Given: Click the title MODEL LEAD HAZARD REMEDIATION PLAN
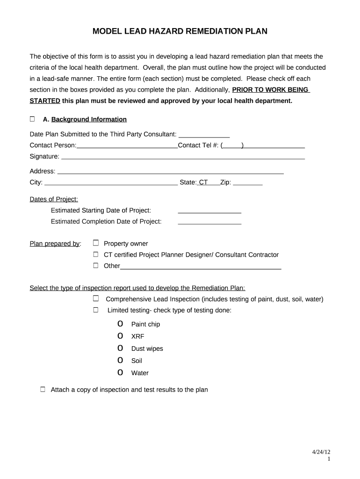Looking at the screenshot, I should tap(180, 31).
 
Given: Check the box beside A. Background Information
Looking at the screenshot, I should tap(32, 119).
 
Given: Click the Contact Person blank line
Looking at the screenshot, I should tap(127, 145).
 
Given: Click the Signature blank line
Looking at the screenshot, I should tap(183, 157).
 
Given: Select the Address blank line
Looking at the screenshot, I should tap(170, 172).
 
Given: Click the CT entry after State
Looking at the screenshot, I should tap(203, 182).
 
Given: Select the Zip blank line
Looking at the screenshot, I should tap(247, 183).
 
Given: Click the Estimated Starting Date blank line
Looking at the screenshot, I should tap(209, 211).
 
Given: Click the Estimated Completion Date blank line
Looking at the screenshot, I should tap(209, 222).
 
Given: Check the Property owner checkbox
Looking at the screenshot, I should tap(96, 243).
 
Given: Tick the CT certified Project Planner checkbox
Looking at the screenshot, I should tap(96, 254).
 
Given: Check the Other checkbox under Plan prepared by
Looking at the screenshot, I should tap(96, 266).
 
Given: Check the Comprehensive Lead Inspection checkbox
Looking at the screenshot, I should tap(96, 298).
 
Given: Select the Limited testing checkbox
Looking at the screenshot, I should tap(96, 310).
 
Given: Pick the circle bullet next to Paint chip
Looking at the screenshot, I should tap(121, 324).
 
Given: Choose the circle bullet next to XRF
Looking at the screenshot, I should tap(121, 336).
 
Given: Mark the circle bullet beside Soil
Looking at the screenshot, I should tap(121, 360).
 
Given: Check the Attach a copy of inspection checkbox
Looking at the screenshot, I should tap(43, 389).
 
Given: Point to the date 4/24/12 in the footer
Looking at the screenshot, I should tap(321, 452).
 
